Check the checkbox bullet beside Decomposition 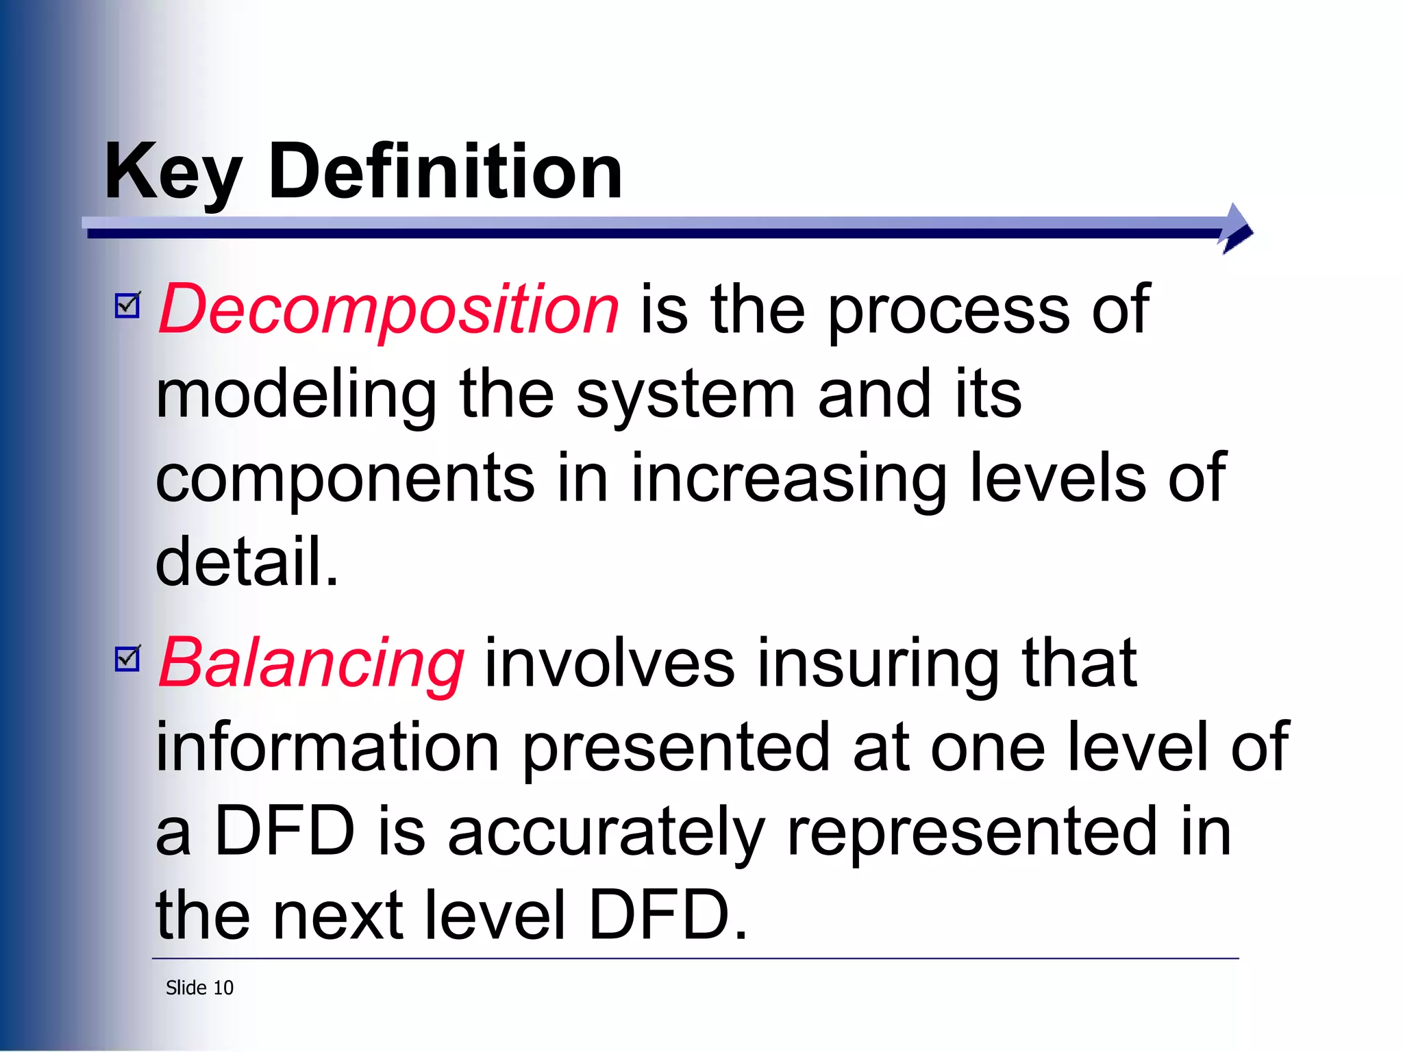coord(127,305)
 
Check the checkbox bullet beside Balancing coord(127,659)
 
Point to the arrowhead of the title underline coord(1237,229)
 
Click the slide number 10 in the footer coord(223,988)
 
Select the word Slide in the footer coord(186,988)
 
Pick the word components coord(345,479)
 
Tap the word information coord(327,747)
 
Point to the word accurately coord(606,832)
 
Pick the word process coord(949,310)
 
